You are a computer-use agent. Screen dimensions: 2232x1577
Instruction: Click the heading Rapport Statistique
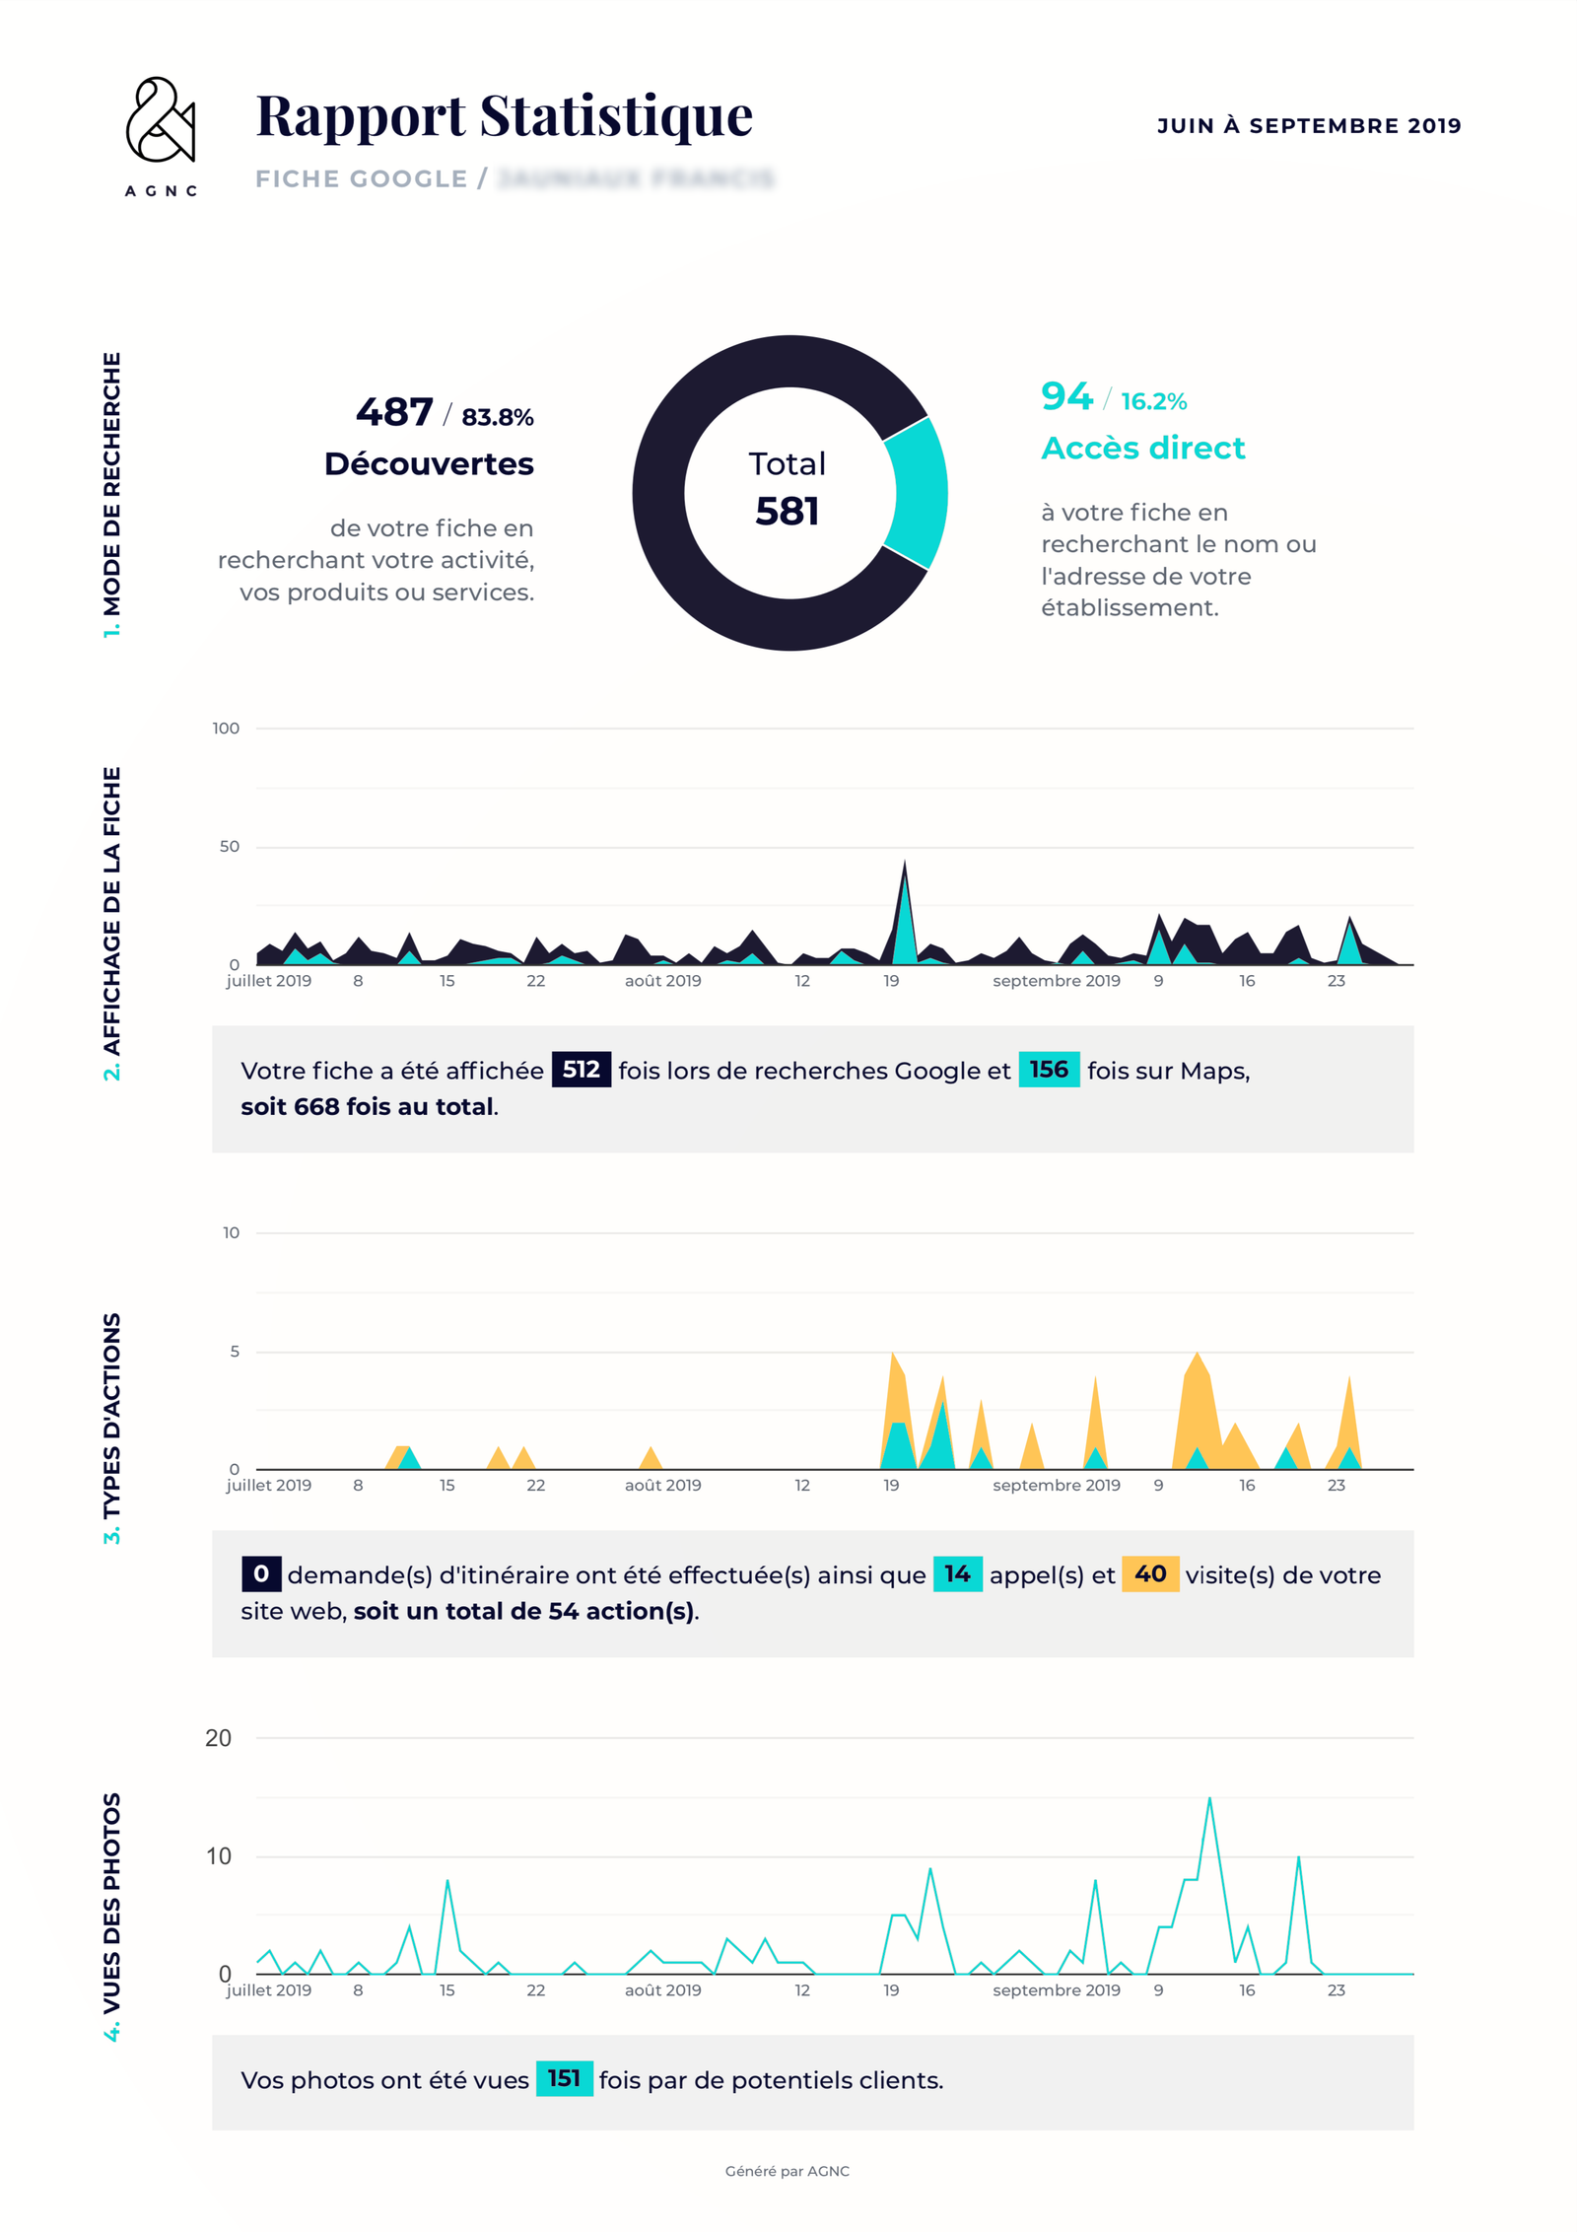pos(504,115)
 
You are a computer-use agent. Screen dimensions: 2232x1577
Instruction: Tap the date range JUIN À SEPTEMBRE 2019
pos(1308,126)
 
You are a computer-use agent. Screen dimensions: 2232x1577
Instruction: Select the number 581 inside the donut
pos(787,511)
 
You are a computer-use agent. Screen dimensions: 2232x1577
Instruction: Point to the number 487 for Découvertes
pos(394,412)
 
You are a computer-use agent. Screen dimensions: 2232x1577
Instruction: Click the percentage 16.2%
pos(1153,401)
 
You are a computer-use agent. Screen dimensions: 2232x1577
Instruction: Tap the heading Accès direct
pos(1142,448)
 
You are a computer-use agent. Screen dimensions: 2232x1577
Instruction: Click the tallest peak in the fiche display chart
pos(905,865)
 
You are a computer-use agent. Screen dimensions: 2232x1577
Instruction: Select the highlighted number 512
pos(581,1070)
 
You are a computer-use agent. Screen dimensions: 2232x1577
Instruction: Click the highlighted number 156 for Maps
pos(1048,1070)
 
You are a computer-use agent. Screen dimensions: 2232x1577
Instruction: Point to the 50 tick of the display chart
pos(229,847)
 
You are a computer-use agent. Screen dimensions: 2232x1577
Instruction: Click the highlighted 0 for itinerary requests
pos(261,1573)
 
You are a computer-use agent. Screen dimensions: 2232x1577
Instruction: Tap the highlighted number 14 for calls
pos(957,1573)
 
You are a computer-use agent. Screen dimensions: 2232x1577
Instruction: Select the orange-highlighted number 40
pos(1149,1573)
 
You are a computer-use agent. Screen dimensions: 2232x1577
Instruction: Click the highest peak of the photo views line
pos(1209,1800)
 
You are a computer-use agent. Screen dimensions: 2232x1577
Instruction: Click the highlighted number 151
pos(564,2078)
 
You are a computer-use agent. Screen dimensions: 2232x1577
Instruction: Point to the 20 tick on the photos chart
pos(218,1738)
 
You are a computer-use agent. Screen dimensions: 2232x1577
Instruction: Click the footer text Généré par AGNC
pos(787,2171)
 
